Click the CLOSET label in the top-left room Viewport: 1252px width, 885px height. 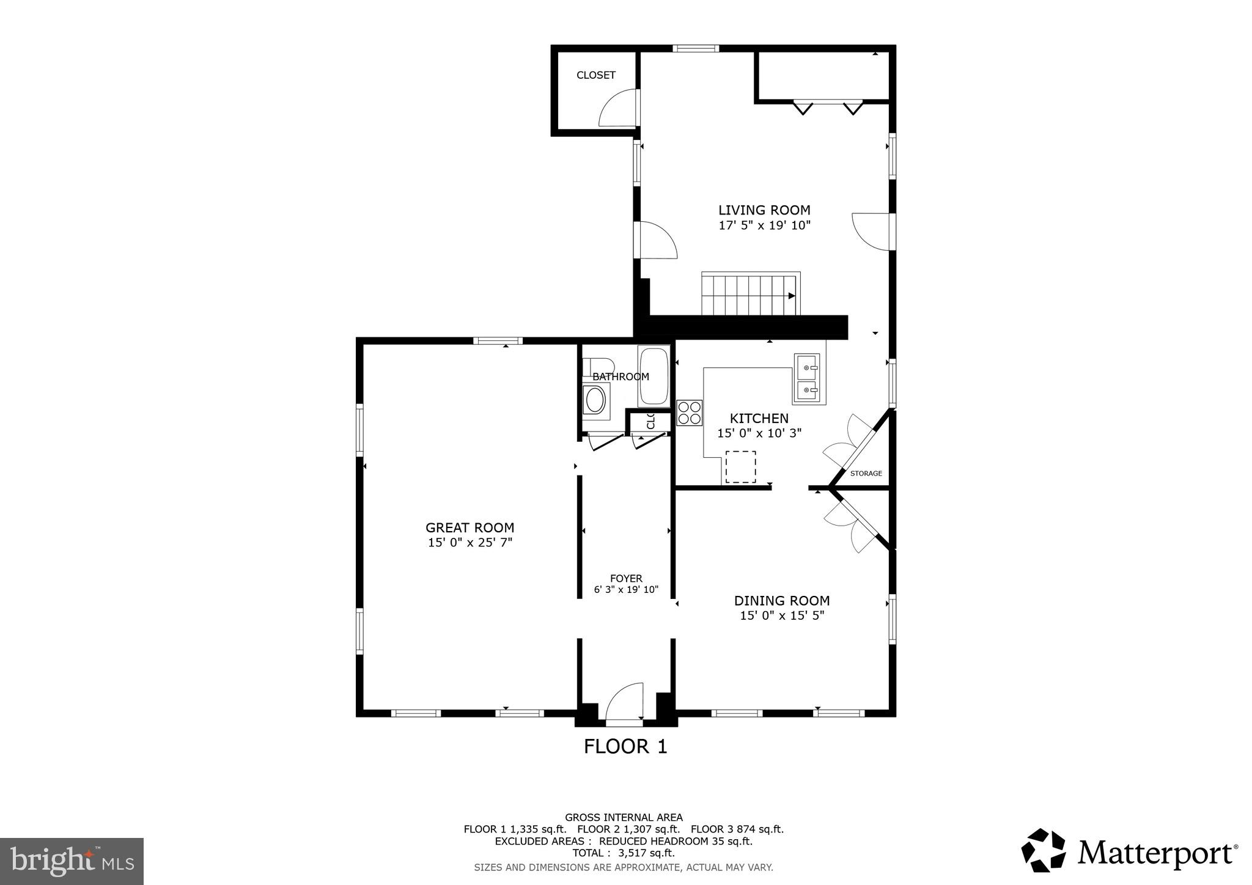pos(595,75)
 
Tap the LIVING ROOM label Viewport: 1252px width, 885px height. pos(764,210)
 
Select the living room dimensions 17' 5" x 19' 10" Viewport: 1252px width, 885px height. pos(764,226)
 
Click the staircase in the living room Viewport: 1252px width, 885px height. pos(750,295)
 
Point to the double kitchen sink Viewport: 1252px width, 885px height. pos(809,378)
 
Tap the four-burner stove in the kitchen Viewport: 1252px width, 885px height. pos(690,413)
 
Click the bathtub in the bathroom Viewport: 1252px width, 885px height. pos(654,376)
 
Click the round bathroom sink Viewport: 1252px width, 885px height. pos(595,401)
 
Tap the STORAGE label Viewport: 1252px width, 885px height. pos(866,474)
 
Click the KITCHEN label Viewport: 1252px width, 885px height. pos(759,419)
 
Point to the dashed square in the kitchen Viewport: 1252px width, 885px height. pos(740,467)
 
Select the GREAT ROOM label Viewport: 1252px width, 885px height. pos(469,527)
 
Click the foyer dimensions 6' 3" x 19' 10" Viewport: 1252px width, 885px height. pos(626,590)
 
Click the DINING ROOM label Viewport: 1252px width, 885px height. pos(781,601)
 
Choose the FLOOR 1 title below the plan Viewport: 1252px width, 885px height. pos(625,746)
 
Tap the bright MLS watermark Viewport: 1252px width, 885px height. pos(72,861)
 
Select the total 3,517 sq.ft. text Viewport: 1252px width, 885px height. pos(623,853)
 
